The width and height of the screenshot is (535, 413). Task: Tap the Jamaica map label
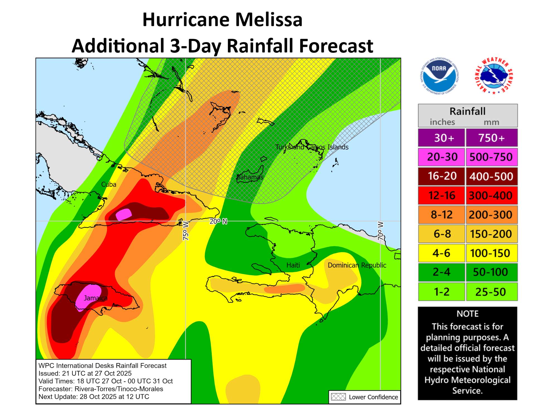(x=96, y=298)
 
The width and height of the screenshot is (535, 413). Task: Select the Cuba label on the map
(x=109, y=184)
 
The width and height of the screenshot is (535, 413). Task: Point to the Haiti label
(x=293, y=265)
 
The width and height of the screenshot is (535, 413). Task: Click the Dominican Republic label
(x=357, y=265)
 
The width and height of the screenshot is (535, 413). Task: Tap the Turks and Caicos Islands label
(x=312, y=147)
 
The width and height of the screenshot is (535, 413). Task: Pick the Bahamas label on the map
(x=250, y=177)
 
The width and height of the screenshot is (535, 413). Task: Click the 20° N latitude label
(x=218, y=221)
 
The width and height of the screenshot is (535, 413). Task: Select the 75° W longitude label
(x=186, y=231)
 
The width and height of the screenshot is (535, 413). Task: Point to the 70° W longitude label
(x=381, y=231)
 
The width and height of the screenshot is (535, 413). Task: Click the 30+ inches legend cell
(x=442, y=138)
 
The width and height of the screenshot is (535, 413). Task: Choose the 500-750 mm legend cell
(x=491, y=157)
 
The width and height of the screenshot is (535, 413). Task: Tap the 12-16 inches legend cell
(x=442, y=195)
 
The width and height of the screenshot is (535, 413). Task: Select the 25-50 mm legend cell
(x=491, y=292)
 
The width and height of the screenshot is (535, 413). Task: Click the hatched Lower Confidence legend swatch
(x=338, y=397)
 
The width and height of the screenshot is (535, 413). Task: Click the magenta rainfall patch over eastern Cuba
(x=124, y=214)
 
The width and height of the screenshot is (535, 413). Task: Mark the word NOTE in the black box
(x=467, y=314)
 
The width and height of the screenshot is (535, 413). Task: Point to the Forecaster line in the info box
(x=101, y=389)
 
